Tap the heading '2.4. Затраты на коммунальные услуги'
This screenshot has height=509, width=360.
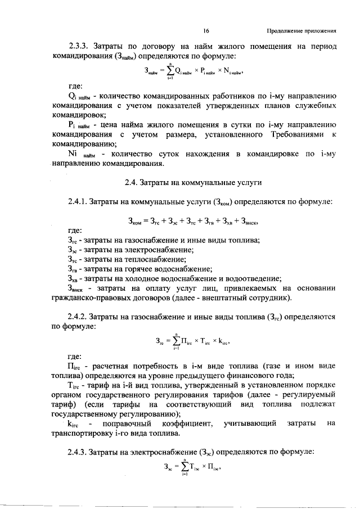pos(195,182)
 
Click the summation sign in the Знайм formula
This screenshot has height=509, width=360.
pos(169,71)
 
